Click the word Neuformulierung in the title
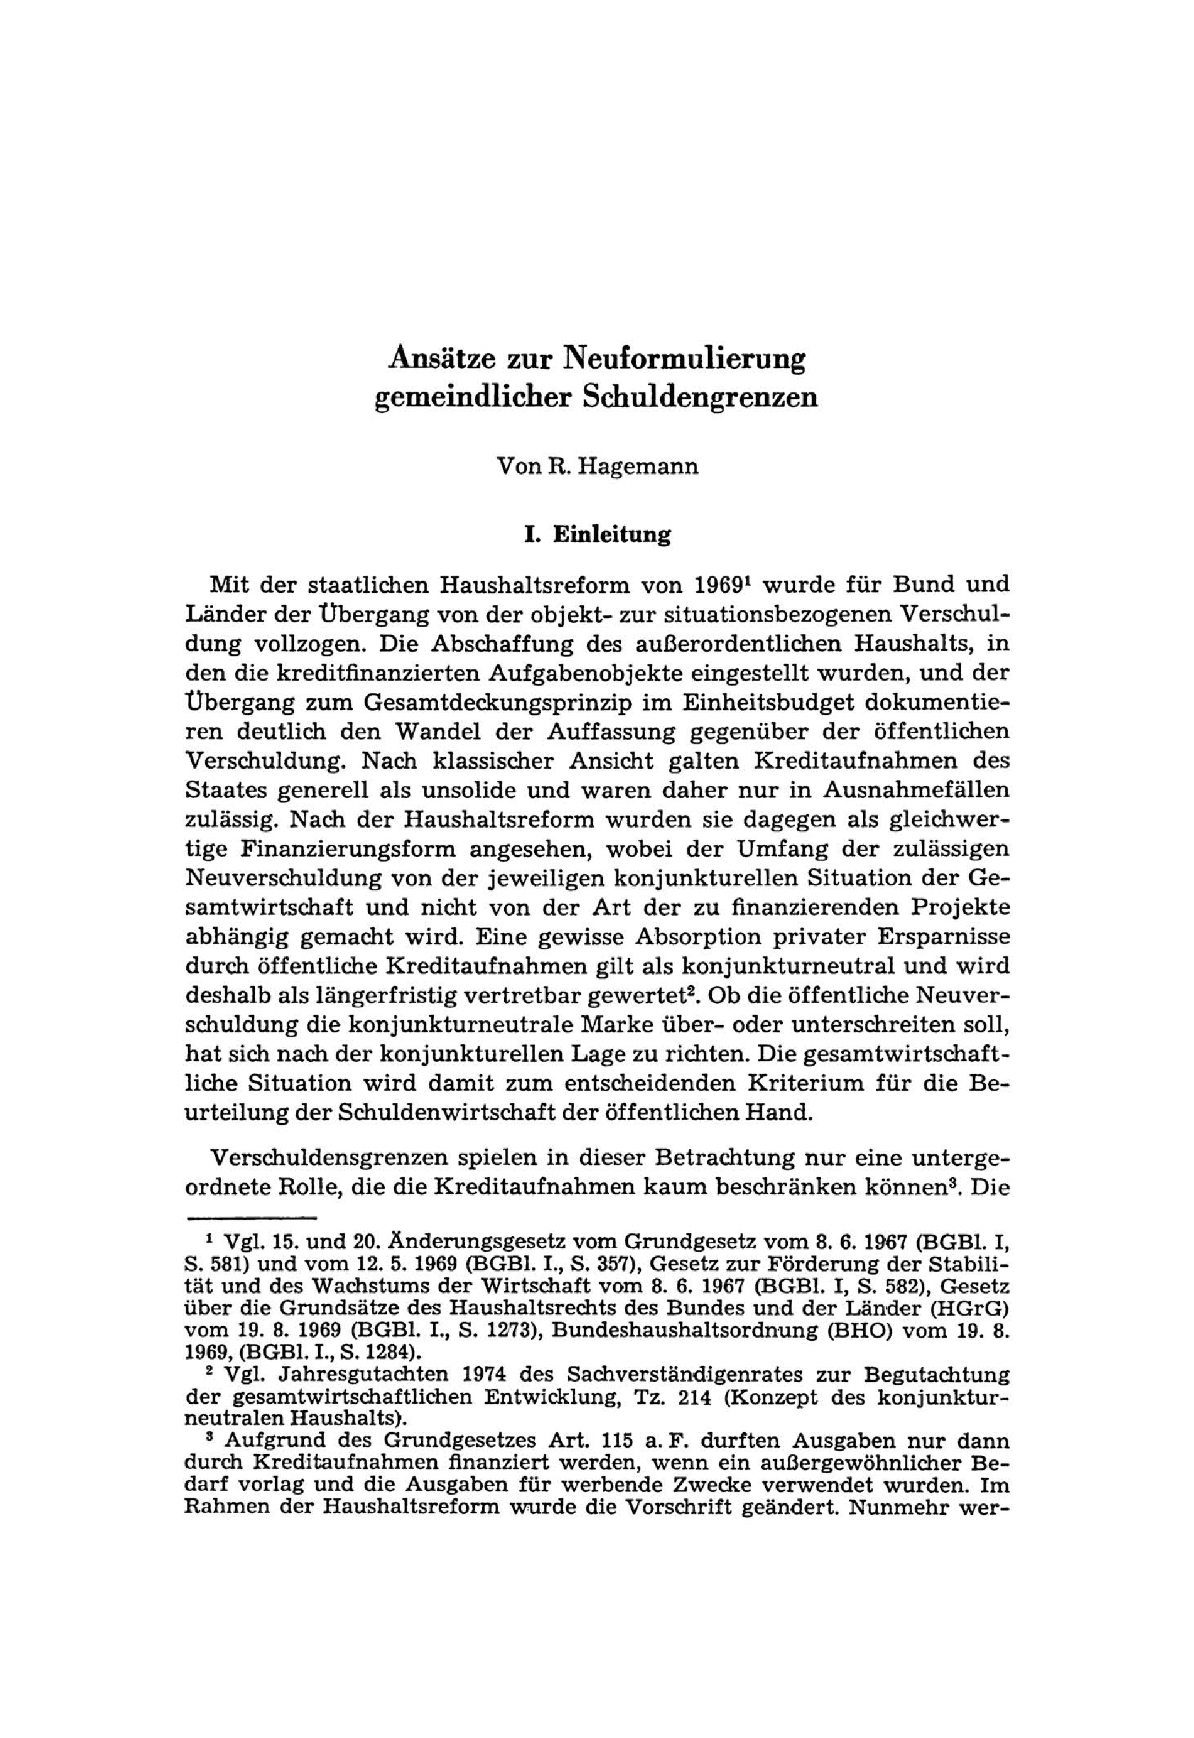click(684, 359)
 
